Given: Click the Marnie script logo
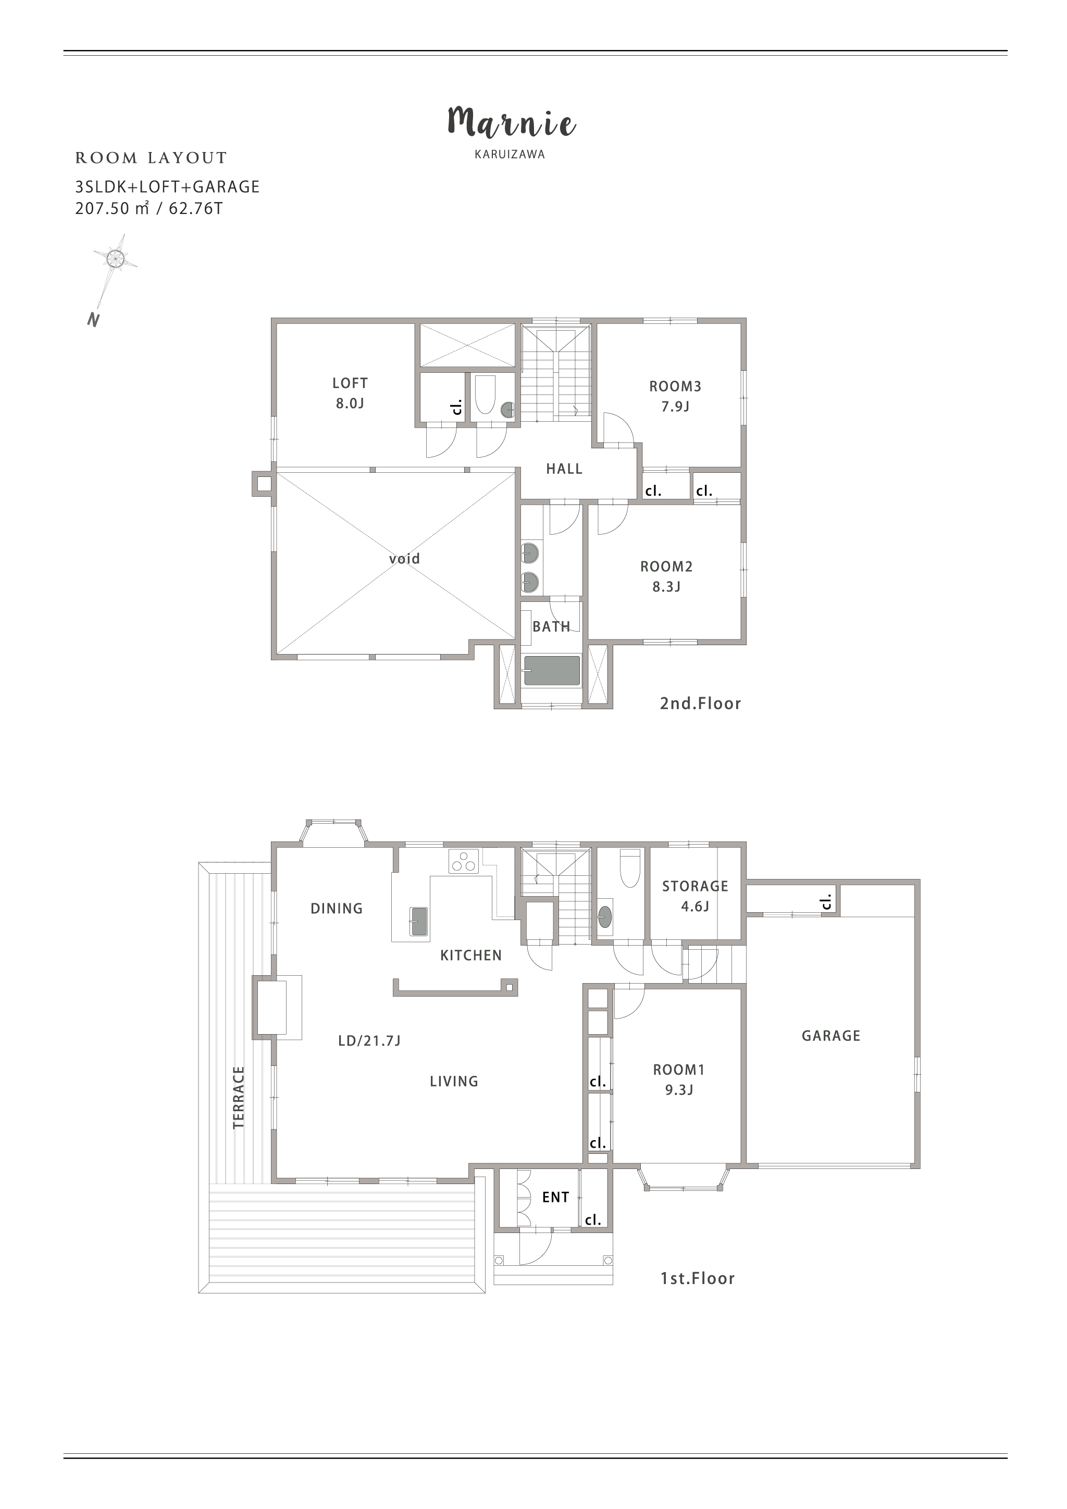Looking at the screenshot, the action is [x=512, y=122].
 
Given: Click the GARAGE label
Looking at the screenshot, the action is [x=831, y=1036].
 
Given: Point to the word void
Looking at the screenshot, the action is [x=404, y=559].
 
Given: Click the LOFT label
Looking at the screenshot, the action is [x=350, y=383].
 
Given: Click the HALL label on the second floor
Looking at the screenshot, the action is [x=564, y=469].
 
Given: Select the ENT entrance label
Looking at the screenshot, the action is [x=555, y=1198].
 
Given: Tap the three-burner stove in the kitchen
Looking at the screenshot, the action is [x=464, y=862].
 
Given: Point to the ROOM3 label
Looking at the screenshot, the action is [x=675, y=386].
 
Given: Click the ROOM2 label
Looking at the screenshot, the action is [x=667, y=567].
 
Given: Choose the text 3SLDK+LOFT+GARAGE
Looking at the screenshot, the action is [x=168, y=187].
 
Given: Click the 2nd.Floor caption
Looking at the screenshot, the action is [x=701, y=704].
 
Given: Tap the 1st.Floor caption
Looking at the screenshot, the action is [x=698, y=1278].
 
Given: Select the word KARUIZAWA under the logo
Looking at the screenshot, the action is [x=510, y=155].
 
